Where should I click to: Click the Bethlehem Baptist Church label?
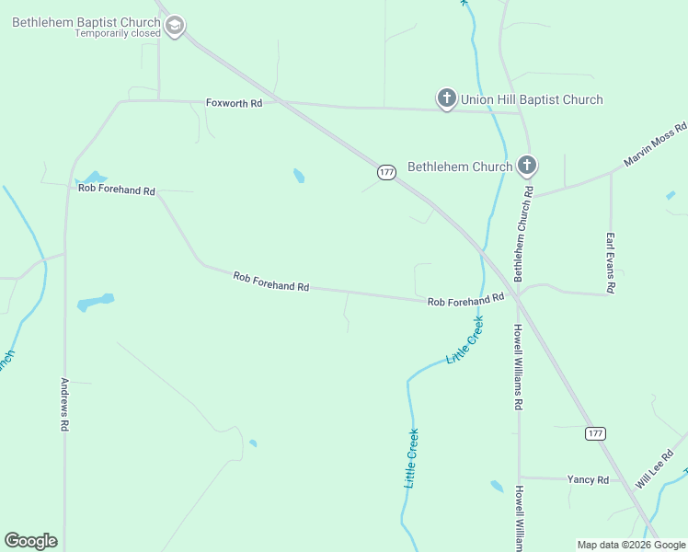click(86, 21)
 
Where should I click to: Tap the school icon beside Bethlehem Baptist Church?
click(175, 26)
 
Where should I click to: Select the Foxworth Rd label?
click(234, 103)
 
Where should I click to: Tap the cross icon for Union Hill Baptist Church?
click(446, 98)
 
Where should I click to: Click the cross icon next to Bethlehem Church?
click(527, 166)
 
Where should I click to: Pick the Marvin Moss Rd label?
click(655, 144)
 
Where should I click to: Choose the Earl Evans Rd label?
click(609, 262)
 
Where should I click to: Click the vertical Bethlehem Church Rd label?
click(523, 235)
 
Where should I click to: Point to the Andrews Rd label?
click(65, 405)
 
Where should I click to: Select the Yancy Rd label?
click(588, 479)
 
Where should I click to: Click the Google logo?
click(31, 541)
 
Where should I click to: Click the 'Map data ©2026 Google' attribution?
click(631, 545)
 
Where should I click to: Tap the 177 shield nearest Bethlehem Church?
click(386, 172)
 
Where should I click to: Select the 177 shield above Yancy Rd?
click(595, 433)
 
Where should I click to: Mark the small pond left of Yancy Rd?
click(498, 486)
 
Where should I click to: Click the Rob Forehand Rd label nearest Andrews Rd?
click(117, 190)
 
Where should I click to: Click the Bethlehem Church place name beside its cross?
click(460, 167)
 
